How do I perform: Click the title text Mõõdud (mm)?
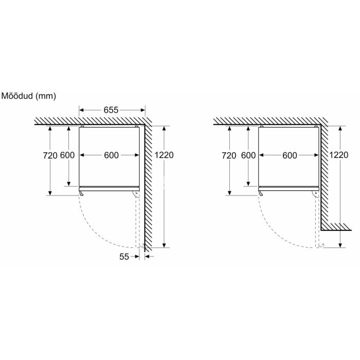28,96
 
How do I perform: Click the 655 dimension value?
111,110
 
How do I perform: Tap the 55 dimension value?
124,257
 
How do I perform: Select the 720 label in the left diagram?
50,155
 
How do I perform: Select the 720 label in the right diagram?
229,155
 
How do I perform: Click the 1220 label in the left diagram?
164,155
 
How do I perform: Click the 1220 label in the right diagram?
338,155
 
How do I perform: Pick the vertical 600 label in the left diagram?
67,155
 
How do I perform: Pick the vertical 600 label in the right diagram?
248,155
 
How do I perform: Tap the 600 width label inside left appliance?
112,155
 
